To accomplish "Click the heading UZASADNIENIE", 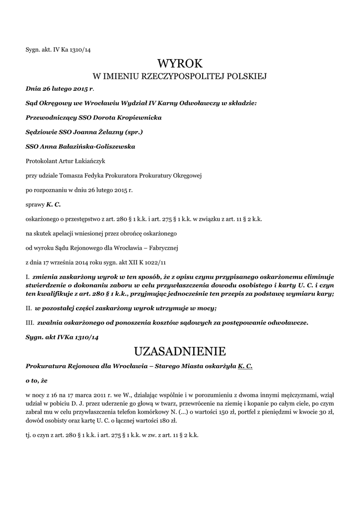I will [180, 351].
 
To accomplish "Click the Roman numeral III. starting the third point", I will [29, 322].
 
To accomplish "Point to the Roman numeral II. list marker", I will [28, 308].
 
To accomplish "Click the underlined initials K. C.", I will [245, 366].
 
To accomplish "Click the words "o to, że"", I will [35, 381].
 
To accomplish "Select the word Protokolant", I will [41, 161].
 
